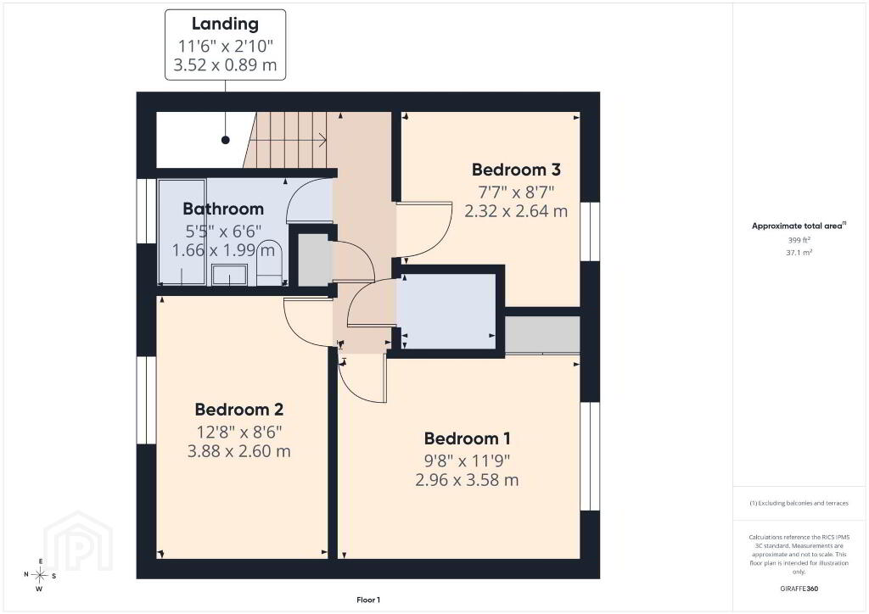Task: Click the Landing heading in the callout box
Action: (225, 24)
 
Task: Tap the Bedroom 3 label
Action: (516, 170)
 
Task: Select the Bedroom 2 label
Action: (238, 410)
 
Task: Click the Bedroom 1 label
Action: (468, 438)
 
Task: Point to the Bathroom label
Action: (223, 209)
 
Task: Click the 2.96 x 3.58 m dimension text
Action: (468, 480)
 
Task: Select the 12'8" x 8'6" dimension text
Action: (239, 432)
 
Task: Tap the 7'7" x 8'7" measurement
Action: (516, 193)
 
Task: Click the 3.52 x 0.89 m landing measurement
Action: (225, 64)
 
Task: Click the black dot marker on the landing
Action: (226, 140)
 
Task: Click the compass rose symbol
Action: (41, 576)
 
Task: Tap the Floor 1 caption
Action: (368, 600)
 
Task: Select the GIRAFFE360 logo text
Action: (799, 589)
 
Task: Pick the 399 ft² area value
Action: (799, 240)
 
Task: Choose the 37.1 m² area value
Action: (799, 253)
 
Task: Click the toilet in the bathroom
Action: (271, 262)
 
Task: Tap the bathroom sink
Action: (230, 275)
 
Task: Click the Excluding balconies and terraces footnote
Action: (799, 503)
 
